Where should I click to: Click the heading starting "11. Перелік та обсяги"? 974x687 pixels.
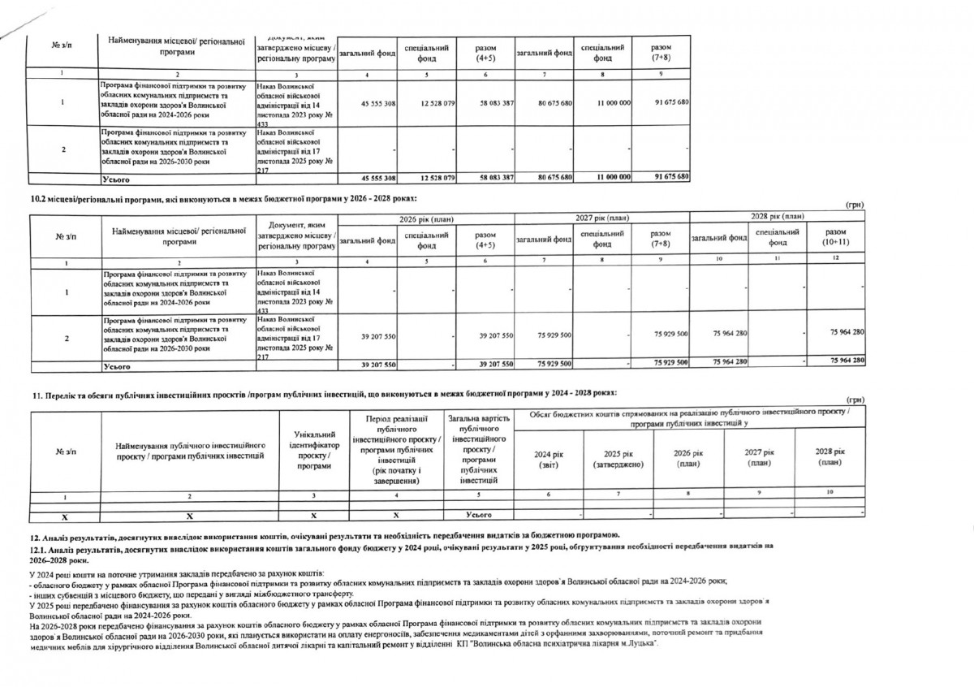click(x=325, y=393)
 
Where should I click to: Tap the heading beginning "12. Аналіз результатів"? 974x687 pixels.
click(x=325, y=534)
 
